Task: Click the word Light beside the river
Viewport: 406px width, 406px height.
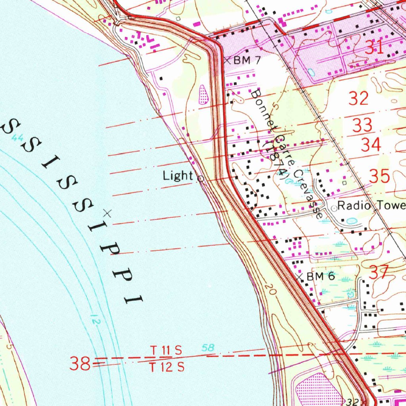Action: coord(178,176)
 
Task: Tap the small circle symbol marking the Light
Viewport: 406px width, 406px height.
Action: coord(201,179)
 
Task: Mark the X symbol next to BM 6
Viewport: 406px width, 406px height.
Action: coord(299,277)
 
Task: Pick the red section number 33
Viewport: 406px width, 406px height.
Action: coord(362,126)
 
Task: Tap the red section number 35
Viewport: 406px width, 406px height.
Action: coord(379,176)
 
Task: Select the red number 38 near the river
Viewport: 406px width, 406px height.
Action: coord(80,364)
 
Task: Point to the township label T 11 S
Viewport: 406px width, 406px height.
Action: coord(166,350)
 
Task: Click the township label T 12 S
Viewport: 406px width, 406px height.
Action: coord(167,368)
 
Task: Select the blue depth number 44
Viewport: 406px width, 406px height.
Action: coord(17,138)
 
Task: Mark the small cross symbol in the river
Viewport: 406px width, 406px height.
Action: coord(106,213)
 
